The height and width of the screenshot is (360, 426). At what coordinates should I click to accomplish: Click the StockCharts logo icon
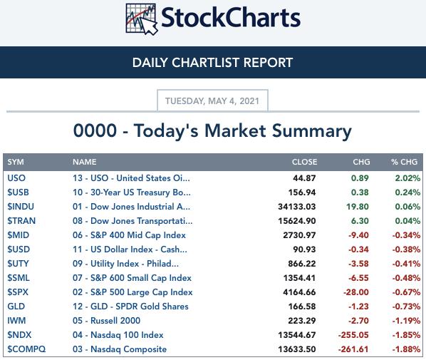pyautogui.click(x=142, y=19)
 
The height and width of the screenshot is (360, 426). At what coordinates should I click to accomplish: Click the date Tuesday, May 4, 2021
pyautogui.click(x=212, y=101)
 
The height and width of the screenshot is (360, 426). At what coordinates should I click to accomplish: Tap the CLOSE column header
pyautogui.click(x=304, y=162)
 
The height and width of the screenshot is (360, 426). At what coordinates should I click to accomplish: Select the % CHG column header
pyautogui.click(x=404, y=162)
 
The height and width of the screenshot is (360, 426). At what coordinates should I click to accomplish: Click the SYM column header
pyautogui.click(x=16, y=162)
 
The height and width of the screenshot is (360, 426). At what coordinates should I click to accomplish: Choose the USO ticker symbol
pyautogui.click(x=16, y=178)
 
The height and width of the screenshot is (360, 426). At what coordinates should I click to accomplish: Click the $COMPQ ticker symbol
pyautogui.click(x=26, y=349)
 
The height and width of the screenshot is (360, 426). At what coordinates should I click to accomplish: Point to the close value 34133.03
pyautogui.click(x=296, y=207)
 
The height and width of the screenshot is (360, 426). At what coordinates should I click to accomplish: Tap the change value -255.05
pyautogui.click(x=353, y=335)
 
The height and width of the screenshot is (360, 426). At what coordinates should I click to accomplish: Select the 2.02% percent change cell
pyautogui.click(x=407, y=178)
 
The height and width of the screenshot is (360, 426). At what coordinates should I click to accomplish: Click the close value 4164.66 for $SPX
pyautogui.click(x=299, y=292)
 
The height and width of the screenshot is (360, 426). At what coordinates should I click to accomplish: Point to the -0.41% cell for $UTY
pyautogui.click(x=406, y=264)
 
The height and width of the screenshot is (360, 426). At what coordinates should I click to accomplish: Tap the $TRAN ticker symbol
pyautogui.click(x=21, y=221)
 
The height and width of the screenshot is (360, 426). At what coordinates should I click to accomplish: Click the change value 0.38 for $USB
pyautogui.click(x=360, y=192)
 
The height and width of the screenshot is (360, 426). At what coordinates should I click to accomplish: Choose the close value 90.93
pyautogui.click(x=304, y=250)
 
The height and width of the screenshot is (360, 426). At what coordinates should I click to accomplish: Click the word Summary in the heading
pyautogui.click(x=311, y=131)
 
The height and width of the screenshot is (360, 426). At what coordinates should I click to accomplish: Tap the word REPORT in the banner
pyautogui.click(x=268, y=63)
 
